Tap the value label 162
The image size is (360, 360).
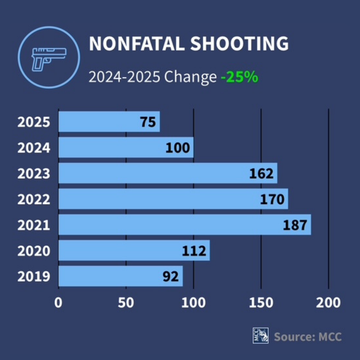[261, 173]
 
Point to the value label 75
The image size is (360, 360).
[148, 122]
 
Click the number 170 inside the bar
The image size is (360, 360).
[272, 199]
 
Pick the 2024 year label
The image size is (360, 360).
[34, 148]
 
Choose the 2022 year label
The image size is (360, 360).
[34, 199]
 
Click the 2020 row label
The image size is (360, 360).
[34, 251]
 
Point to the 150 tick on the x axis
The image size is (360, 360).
[261, 303]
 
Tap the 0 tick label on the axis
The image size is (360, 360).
[59, 303]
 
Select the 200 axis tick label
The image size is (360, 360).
[329, 303]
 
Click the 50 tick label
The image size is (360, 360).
[126, 303]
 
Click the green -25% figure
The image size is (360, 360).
[239, 77]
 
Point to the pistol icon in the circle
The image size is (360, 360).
[49, 58]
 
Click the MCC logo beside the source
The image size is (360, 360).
[261, 335]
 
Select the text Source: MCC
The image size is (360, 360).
[308, 336]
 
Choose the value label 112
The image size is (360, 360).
[194, 251]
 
